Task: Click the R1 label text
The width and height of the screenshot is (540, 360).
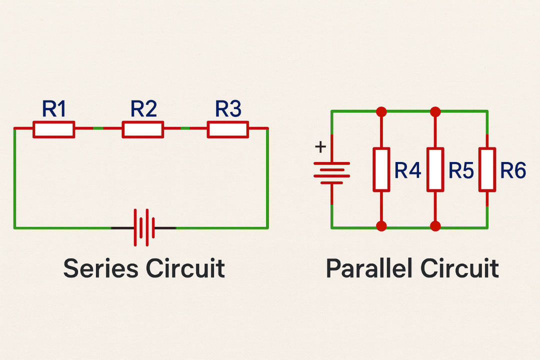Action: click(x=54, y=109)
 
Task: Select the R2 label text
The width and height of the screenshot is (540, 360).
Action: click(x=143, y=109)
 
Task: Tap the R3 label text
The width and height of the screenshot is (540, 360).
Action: click(x=228, y=109)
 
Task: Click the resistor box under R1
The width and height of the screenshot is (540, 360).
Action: click(x=54, y=129)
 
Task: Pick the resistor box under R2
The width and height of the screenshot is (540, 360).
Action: click(x=142, y=129)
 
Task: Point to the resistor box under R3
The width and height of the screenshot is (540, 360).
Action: click(x=228, y=129)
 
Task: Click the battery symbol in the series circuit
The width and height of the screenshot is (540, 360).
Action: click(x=143, y=227)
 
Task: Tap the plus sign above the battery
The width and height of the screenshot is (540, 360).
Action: click(x=320, y=147)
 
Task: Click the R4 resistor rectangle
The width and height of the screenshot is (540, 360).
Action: click(x=381, y=169)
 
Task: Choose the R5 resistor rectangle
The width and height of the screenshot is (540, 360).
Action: click(x=435, y=169)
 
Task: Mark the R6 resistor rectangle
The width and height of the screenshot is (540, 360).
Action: click(x=487, y=169)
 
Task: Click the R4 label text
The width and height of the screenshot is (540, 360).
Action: click(x=408, y=171)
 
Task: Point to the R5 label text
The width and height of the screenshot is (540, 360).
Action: click(x=461, y=171)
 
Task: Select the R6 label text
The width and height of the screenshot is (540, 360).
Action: click(x=513, y=171)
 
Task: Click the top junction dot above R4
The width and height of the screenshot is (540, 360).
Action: click(x=381, y=111)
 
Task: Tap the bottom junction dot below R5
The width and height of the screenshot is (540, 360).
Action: click(x=435, y=226)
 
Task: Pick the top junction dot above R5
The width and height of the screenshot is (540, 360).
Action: click(x=435, y=111)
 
